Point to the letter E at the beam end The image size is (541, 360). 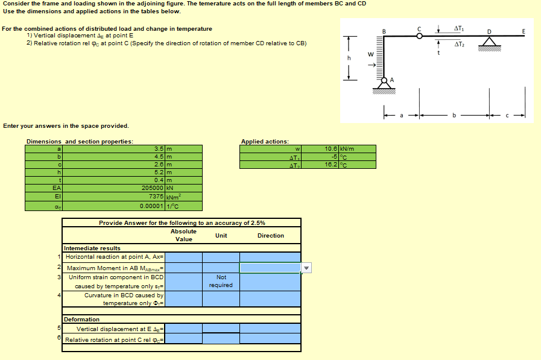click(x=524, y=31)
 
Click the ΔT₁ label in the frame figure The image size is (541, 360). click(x=459, y=28)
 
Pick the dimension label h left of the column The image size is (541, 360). click(x=349, y=58)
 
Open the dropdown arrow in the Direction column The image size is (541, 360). click(x=306, y=268)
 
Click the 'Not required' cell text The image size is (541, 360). click(x=221, y=281)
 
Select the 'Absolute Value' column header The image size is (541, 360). click(x=183, y=235)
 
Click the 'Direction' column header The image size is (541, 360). click(x=270, y=236)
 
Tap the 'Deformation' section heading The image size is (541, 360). click(x=81, y=319)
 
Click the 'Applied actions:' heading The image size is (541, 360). click(x=265, y=142)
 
